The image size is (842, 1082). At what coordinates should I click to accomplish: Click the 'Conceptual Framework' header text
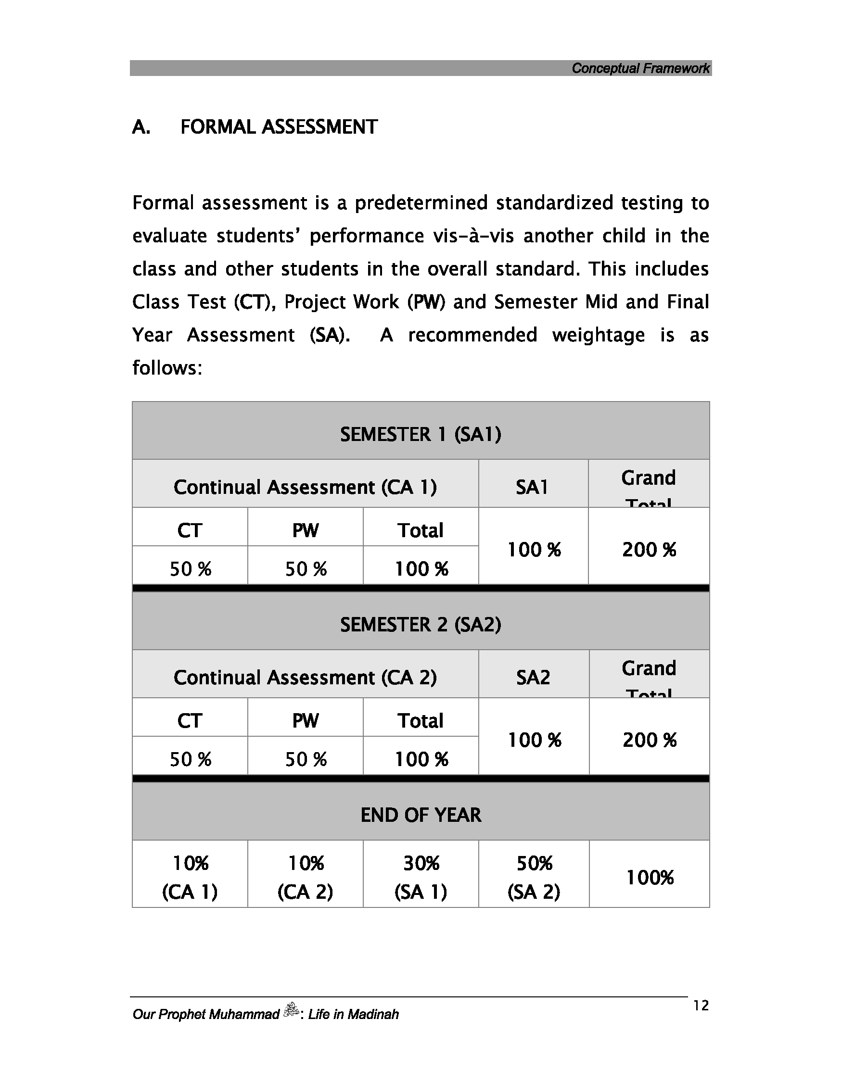pyautogui.click(x=640, y=68)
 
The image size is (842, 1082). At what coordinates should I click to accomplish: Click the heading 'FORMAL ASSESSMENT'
pyautogui.click(x=279, y=127)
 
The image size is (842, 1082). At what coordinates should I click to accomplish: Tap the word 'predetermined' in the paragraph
pyautogui.click(x=425, y=203)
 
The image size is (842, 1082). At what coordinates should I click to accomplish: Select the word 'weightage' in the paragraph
pyautogui.click(x=598, y=335)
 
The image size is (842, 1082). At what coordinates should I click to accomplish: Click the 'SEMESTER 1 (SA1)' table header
pyautogui.click(x=421, y=435)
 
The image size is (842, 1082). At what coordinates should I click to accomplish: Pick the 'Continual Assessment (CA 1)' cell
pyautogui.click(x=305, y=487)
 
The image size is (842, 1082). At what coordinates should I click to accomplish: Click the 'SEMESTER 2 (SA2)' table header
pyautogui.click(x=421, y=625)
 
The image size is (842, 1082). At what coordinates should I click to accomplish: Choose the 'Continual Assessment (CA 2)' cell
pyautogui.click(x=305, y=677)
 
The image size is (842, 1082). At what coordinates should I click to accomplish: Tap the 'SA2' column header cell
pyautogui.click(x=533, y=677)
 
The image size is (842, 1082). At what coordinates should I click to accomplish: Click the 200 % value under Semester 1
pyautogui.click(x=649, y=550)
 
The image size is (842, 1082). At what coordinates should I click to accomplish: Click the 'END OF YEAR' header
pyautogui.click(x=421, y=815)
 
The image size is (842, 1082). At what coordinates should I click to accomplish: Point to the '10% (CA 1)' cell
pyautogui.click(x=190, y=878)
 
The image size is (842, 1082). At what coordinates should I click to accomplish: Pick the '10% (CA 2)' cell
pyautogui.click(x=305, y=878)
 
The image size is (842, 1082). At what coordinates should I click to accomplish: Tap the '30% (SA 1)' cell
pyautogui.click(x=421, y=878)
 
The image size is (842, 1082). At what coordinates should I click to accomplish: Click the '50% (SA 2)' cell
pyautogui.click(x=534, y=878)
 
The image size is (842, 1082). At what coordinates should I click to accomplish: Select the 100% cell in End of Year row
pyautogui.click(x=650, y=878)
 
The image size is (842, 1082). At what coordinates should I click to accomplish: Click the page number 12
pyautogui.click(x=701, y=1005)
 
